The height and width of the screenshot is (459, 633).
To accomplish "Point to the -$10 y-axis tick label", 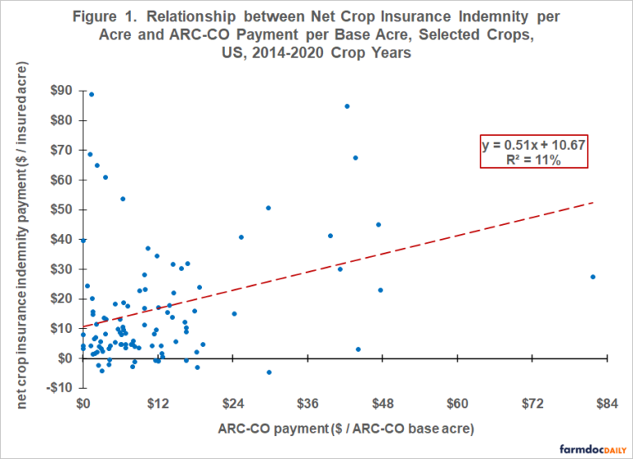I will click(x=62, y=388).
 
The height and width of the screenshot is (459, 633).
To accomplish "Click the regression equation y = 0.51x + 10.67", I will click(x=533, y=145).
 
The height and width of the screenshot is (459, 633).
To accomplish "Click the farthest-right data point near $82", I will click(x=593, y=277).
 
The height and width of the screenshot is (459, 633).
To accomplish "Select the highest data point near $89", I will click(x=91, y=94).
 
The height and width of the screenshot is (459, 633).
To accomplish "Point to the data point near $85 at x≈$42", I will click(x=347, y=106).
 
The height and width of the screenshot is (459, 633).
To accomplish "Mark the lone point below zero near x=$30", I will click(x=269, y=372).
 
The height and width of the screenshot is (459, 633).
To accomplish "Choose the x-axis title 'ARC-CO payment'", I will click(x=346, y=429).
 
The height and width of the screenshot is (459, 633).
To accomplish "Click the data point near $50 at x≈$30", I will click(x=268, y=208).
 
